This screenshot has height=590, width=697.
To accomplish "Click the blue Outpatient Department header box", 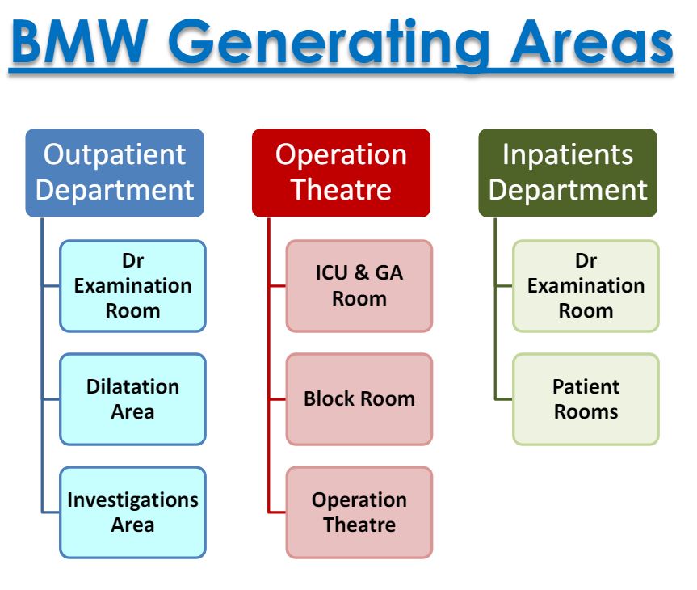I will tap(115, 172).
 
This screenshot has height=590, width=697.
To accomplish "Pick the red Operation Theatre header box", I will tap(341, 172).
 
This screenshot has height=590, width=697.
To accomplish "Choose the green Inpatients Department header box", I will tap(568, 172).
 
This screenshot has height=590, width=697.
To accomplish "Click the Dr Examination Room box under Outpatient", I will tap(132, 285).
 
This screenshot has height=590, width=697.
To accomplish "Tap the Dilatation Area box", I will tap(132, 398).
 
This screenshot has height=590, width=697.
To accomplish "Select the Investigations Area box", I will tap(132, 512).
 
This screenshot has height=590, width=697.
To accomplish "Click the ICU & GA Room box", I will tap(359, 285).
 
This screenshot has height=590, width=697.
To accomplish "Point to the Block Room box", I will tap(359, 398).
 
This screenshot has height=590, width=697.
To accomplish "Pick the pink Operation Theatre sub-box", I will tap(359, 512).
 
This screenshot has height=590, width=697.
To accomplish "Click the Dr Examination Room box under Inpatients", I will tap(586, 285).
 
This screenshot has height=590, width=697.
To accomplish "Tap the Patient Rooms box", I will tap(586, 398).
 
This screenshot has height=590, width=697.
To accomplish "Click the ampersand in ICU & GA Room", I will tap(360, 272).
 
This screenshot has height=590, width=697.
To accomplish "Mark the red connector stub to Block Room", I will tap(277, 398).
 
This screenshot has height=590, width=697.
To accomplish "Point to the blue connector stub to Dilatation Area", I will tap(51, 398).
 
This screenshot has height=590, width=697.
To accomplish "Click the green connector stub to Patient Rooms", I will tap(504, 398).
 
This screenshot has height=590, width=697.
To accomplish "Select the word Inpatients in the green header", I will tap(568, 154).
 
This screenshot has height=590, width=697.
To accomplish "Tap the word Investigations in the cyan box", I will tap(132, 499).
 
